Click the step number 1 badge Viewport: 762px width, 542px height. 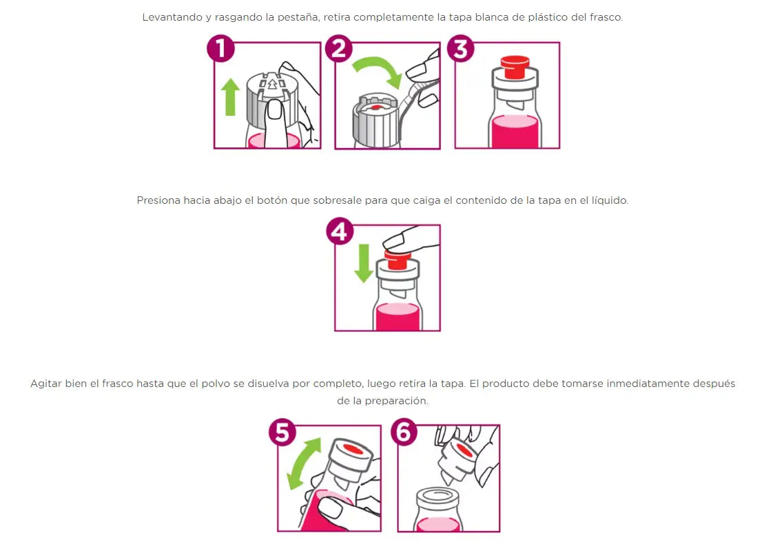click(220, 50)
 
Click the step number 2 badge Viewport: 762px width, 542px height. click(339, 50)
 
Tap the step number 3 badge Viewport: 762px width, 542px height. click(461, 50)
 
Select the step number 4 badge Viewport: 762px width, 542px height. click(339, 232)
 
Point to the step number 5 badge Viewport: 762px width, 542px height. click(282, 432)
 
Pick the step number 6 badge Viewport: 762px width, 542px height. click(404, 432)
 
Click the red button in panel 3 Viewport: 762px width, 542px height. click(513, 67)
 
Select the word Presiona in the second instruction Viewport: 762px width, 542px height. click(158, 200)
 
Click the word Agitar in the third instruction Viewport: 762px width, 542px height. click(45, 384)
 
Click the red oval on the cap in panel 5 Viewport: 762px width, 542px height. click(353, 450)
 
